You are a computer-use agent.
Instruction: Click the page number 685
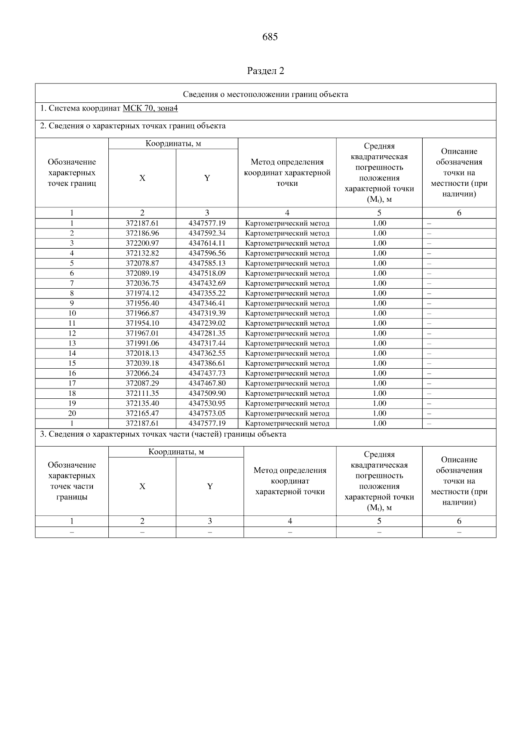[x=270, y=37]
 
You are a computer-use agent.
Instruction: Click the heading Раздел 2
[x=265, y=71]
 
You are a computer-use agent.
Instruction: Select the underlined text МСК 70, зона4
[x=150, y=108]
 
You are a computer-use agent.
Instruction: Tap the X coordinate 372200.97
[x=142, y=243]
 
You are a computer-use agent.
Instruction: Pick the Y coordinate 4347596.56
[x=207, y=253]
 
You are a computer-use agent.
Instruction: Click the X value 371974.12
[x=142, y=293]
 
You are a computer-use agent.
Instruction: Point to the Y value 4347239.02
[x=207, y=323]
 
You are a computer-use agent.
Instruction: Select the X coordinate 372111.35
[x=142, y=394]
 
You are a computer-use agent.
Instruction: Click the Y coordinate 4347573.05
[x=207, y=413]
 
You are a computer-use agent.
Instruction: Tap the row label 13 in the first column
[x=72, y=343]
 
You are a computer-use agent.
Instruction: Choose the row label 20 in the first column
[x=72, y=413]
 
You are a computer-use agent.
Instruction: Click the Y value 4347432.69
[x=207, y=283]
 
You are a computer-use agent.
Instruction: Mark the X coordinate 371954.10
[x=142, y=323]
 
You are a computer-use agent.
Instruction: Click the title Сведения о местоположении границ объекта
[x=265, y=95]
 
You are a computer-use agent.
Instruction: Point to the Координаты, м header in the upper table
[x=173, y=144]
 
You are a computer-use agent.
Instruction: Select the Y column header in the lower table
[x=210, y=487]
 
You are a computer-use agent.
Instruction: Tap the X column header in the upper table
[x=142, y=178]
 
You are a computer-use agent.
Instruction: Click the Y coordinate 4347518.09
[x=207, y=274]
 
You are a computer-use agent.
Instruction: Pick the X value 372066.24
[x=142, y=373]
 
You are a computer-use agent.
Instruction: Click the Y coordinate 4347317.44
[x=207, y=343]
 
